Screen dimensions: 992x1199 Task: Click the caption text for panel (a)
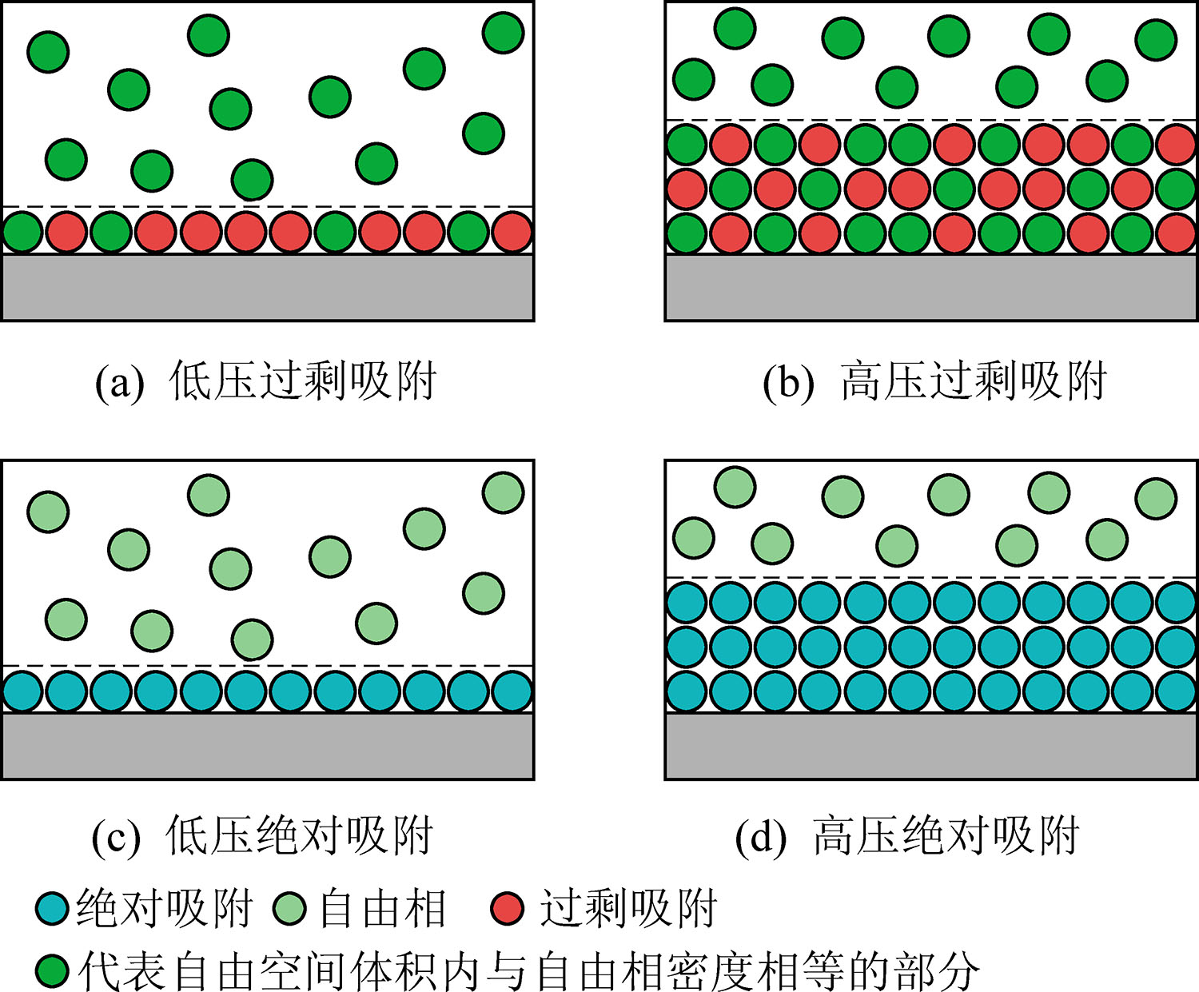coord(266,381)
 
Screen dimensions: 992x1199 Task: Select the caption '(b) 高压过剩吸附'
coord(934,381)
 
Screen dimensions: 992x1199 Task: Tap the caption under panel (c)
coord(262,837)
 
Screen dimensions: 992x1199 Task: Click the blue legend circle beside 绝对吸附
coord(52,909)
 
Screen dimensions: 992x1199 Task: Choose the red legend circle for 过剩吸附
coord(506,909)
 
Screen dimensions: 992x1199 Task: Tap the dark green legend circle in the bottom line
coord(52,970)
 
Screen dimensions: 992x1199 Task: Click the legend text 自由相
coord(382,909)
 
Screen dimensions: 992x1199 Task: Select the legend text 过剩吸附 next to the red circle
coord(627,909)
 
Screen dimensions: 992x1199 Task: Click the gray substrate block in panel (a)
coord(267,287)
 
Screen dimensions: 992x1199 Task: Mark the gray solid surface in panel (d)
coord(930,745)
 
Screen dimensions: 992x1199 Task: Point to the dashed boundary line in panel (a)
coord(267,206)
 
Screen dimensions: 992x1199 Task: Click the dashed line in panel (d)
coord(930,576)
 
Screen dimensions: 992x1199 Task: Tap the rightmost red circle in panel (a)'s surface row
coord(512,233)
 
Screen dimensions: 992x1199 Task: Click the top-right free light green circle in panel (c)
coord(503,492)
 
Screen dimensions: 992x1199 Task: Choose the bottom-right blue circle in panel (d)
coord(1176,691)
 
